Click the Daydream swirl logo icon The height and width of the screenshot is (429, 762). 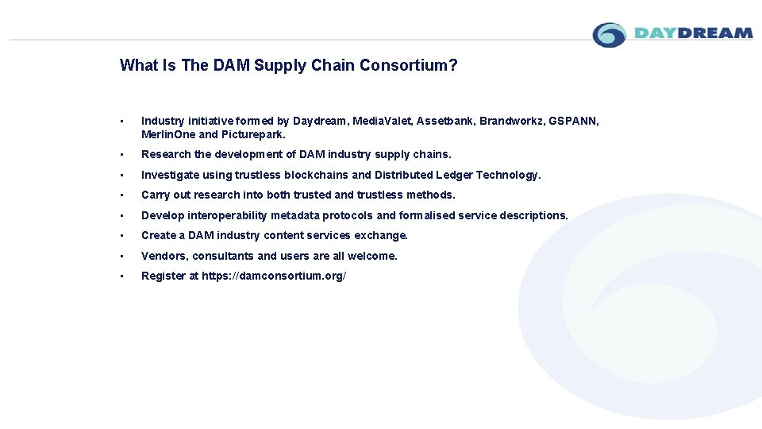(x=610, y=35)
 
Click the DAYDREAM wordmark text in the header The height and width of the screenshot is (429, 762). (x=693, y=33)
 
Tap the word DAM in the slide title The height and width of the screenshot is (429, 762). (x=231, y=65)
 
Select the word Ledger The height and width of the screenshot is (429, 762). (x=454, y=175)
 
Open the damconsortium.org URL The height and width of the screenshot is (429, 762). (x=274, y=276)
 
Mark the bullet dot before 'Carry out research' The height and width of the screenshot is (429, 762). (x=121, y=195)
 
